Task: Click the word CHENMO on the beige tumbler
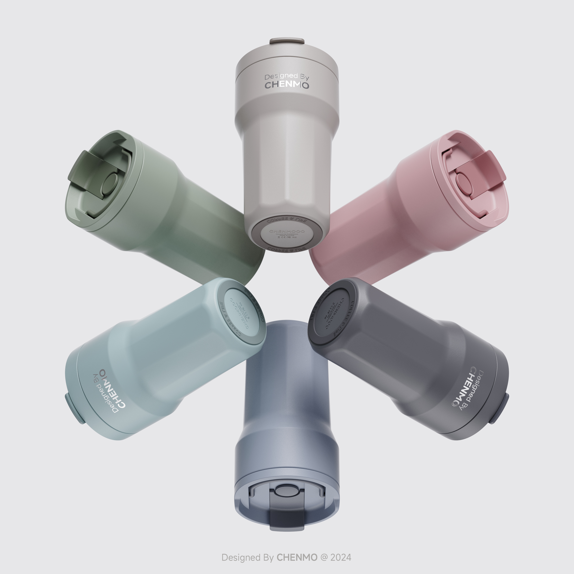[x=287, y=85]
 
